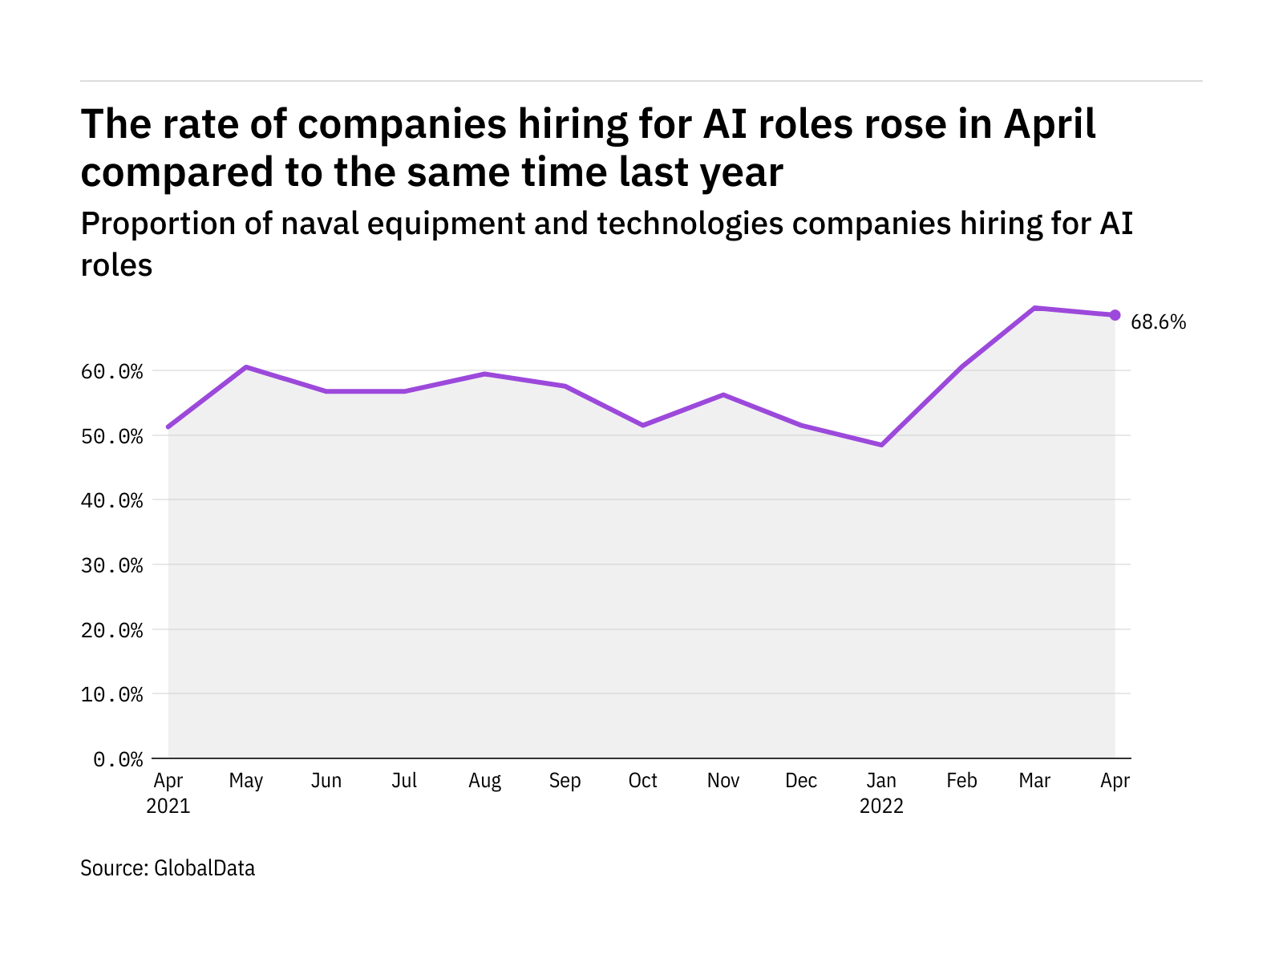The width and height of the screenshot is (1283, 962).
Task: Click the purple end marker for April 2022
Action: (1115, 315)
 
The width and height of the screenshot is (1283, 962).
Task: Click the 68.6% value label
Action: (1158, 322)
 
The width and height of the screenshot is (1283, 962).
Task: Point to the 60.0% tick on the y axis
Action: (111, 372)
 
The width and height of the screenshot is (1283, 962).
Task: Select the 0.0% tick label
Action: (118, 759)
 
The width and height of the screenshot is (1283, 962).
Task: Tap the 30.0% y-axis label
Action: (111, 566)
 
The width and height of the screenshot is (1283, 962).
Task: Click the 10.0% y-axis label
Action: (111, 694)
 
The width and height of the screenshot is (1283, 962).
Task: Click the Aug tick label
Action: (484, 781)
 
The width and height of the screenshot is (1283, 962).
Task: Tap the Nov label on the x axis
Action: (722, 781)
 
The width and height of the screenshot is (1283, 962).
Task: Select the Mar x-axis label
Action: (1034, 781)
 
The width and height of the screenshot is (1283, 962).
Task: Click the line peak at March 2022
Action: (1034, 308)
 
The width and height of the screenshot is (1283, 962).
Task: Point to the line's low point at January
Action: (881, 445)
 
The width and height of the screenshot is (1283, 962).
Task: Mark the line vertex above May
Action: (246, 367)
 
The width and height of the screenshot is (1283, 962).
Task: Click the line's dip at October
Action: (643, 425)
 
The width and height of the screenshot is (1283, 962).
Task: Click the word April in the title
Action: (1050, 124)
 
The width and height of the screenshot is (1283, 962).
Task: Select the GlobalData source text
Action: (204, 868)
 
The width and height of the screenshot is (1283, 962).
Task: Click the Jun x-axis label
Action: (326, 781)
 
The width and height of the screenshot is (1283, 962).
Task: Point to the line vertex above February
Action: (961, 366)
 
